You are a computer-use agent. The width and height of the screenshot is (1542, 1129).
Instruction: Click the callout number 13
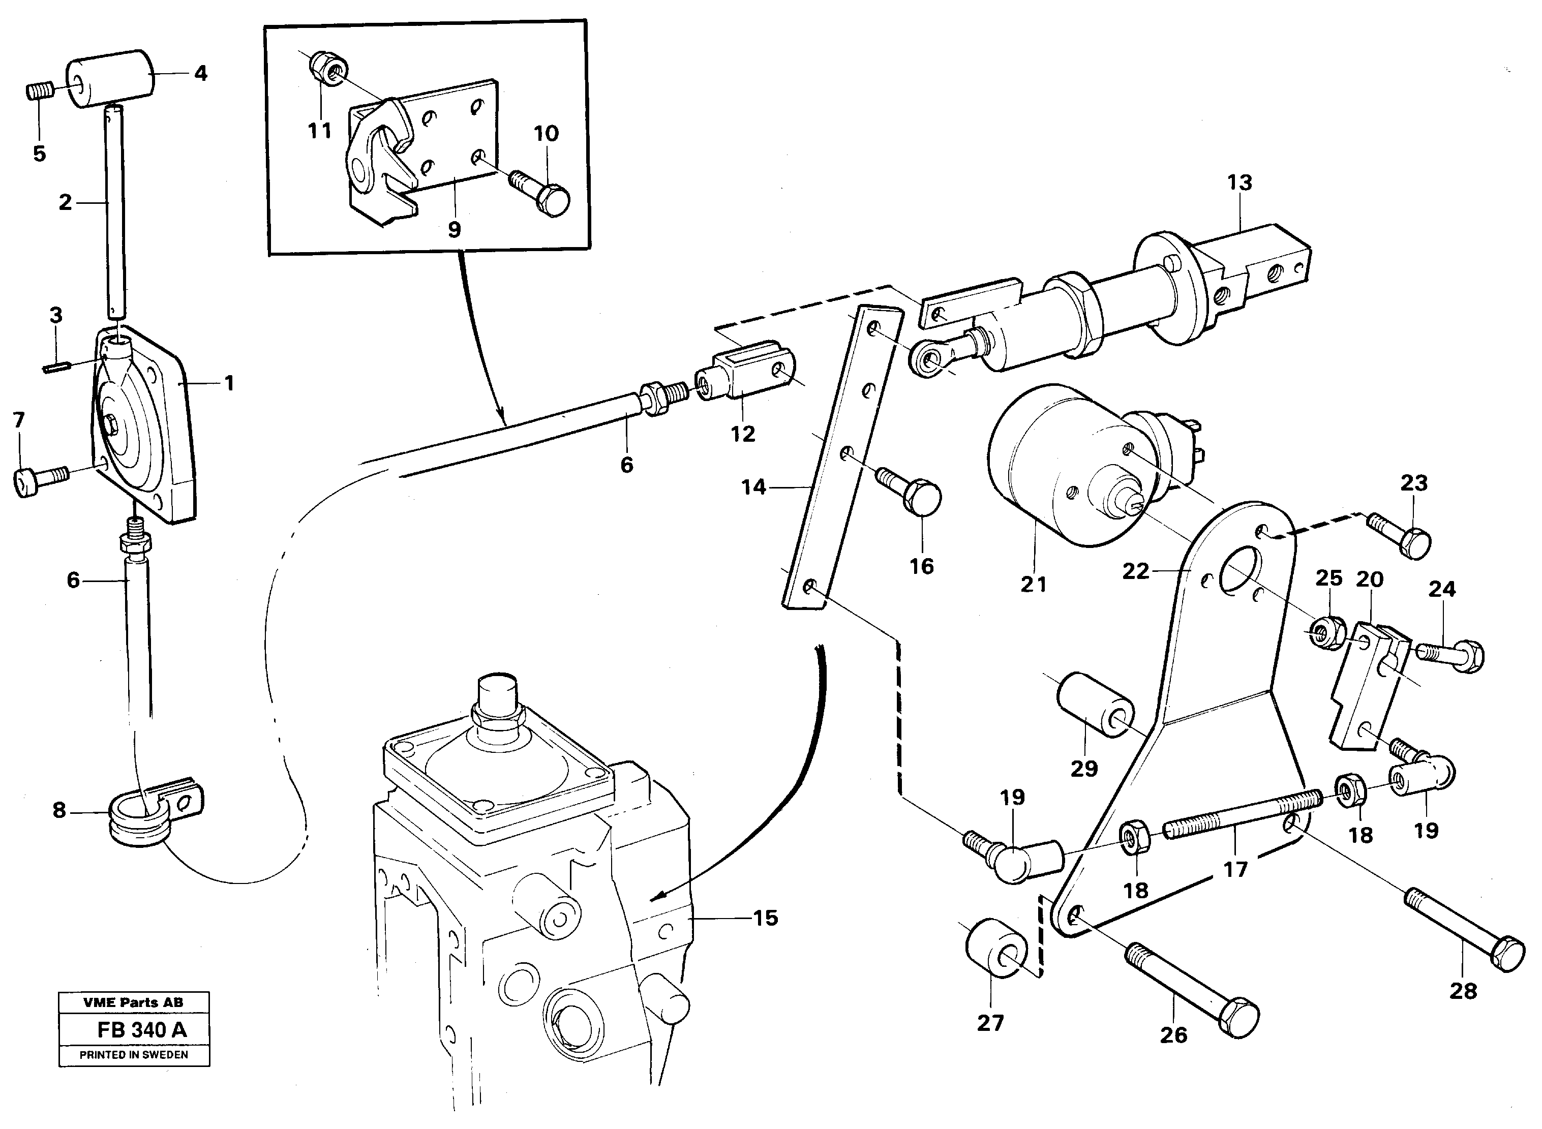pos(1239,182)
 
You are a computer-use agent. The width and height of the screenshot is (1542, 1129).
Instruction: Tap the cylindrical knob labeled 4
pos(109,79)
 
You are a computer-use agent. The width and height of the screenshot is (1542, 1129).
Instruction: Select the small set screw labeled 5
pos(38,91)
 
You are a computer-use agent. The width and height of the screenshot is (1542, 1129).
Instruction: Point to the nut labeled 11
pos(330,68)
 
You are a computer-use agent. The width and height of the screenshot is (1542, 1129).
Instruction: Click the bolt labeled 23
pos(1401,534)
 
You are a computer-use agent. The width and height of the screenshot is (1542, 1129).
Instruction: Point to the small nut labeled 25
pos(1324,633)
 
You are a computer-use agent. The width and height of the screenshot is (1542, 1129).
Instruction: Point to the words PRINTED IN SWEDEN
pos(134,1054)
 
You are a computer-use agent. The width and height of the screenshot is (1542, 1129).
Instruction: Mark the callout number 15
pos(766,918)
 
